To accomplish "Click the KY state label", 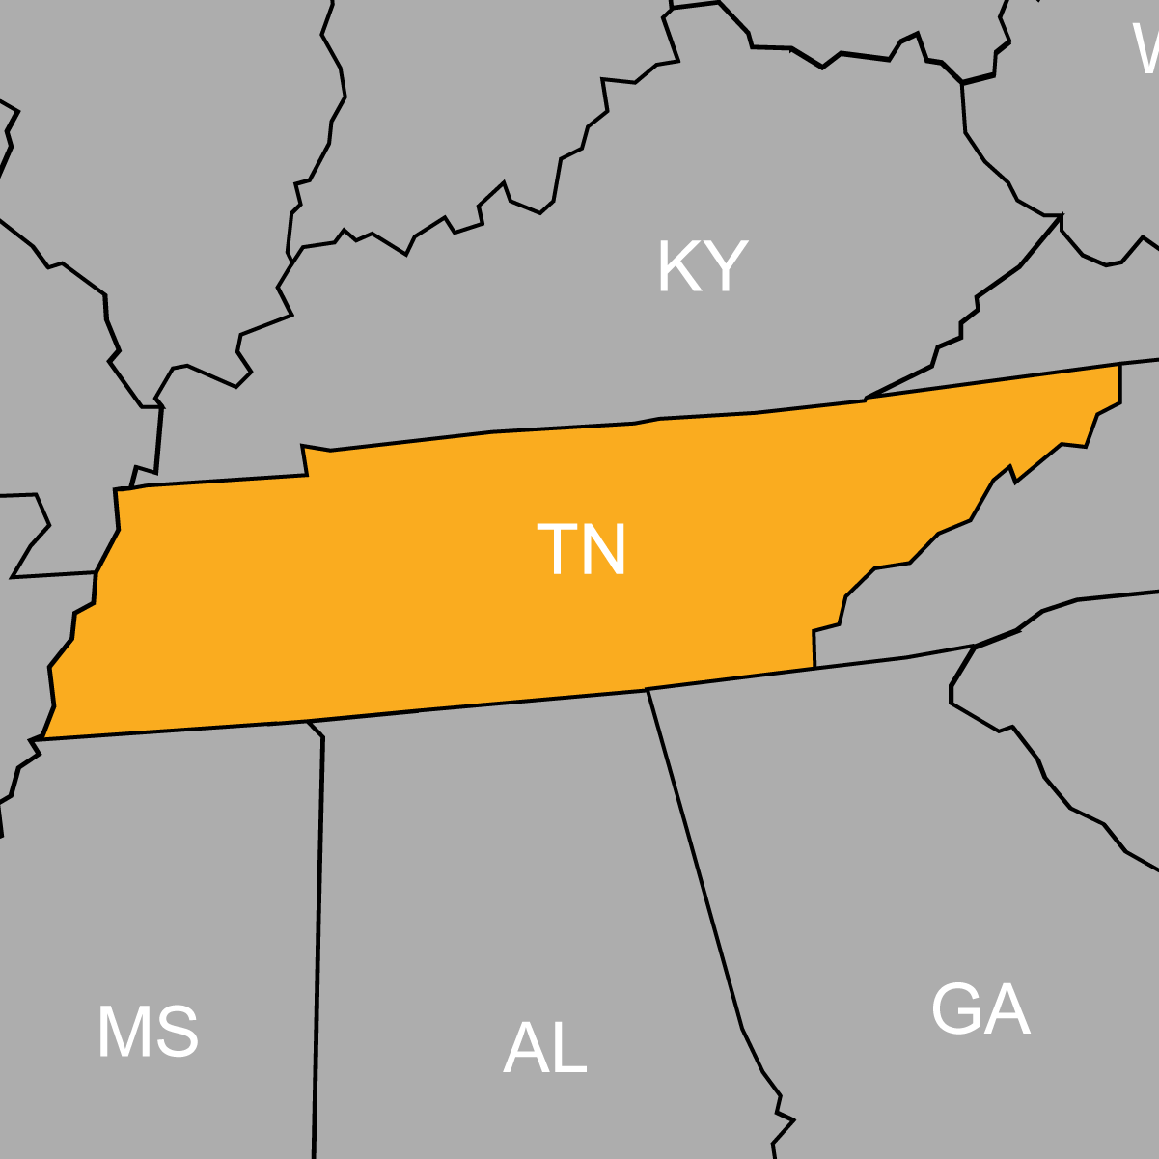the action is point(702,266).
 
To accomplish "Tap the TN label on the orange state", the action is point(581,550).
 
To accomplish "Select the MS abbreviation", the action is point(148,1033).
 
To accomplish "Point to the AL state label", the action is point(545,1049).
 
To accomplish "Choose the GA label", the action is point(980,1009).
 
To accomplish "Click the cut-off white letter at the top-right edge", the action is point(1146,48).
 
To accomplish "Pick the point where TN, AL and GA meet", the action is point(647,690).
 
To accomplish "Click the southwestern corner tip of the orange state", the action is point(42,739).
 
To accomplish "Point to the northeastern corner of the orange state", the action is point(1119,365).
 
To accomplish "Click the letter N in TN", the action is point(605,550).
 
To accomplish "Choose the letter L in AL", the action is point(569,1049).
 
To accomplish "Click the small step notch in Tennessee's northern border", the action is point(305,460).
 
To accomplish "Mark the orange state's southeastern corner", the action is point(814,667).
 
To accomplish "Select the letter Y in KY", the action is point(727,266).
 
